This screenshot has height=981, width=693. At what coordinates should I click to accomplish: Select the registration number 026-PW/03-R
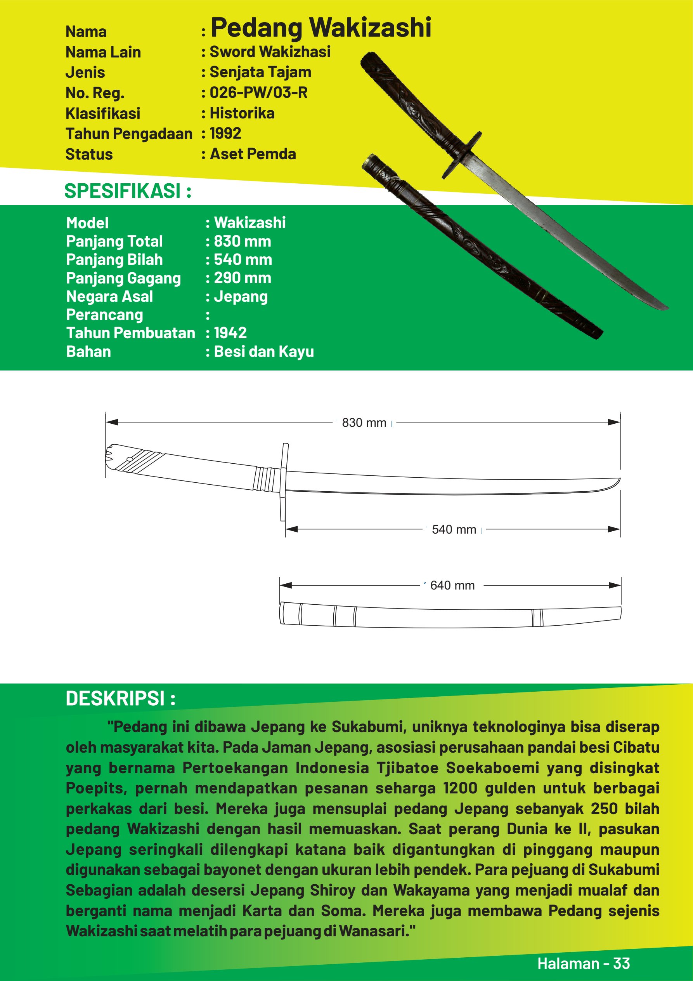[258, 93]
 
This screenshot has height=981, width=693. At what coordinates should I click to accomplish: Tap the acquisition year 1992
[225, 133]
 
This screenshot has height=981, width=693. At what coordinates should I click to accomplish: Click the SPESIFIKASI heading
[127, 191]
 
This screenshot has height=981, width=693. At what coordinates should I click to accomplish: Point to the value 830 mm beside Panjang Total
[242, 242]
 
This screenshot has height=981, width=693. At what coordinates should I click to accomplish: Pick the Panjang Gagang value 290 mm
[242, 278]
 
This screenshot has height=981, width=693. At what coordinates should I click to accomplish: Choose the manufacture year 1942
[230, 333]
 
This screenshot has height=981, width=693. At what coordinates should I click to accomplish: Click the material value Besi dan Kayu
[263, 351]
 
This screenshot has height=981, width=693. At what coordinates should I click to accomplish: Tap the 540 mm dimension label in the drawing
[454, 529]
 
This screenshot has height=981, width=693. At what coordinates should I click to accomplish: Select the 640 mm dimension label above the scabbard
[452, 585]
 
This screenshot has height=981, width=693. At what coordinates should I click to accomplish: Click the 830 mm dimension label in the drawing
[364, 423]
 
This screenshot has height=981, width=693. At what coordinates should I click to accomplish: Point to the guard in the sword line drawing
[284, 482]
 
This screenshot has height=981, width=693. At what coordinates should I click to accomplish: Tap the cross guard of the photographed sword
[462, 155]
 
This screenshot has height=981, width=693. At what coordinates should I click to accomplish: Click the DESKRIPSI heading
[120, 699]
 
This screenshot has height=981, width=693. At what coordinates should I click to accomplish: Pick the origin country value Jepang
[241, 297]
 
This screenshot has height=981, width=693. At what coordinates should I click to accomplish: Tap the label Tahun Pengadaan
[129, 134]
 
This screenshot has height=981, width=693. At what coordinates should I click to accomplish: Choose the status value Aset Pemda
[253, 154]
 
